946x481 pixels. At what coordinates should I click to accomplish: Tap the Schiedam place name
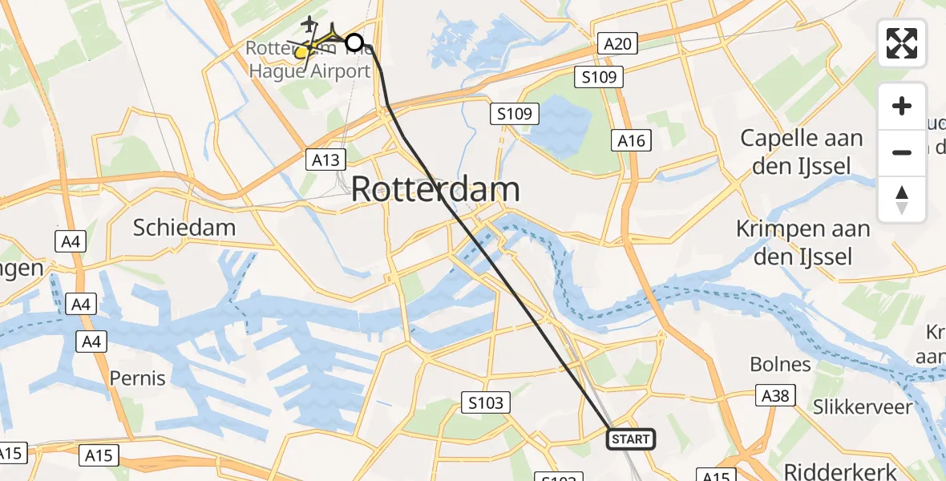tap(184, 227)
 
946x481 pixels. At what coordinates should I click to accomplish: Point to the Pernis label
tap(137, 378)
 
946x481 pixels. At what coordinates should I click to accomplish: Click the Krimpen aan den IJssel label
tap(803, 242)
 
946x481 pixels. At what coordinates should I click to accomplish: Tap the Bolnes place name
tap(780, 364)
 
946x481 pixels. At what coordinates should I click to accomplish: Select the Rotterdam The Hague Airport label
tap(309, 60)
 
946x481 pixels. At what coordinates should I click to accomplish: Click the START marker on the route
tap(631, 439)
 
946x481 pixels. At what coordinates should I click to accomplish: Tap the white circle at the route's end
tap(354, 42)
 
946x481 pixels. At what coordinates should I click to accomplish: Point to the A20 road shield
tap(617, 44)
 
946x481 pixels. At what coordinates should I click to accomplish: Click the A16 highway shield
tap(631, 141)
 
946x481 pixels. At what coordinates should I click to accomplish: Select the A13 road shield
tap(325, 160)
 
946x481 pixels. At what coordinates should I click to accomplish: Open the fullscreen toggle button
tap(902, 43)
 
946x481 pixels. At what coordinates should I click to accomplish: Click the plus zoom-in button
tap(902, 106)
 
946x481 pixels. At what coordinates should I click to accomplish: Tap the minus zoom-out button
tap(902, 152)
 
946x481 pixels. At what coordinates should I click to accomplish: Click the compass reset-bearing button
tap(902, 199)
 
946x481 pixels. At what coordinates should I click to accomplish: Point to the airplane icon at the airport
tap(307, 22)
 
